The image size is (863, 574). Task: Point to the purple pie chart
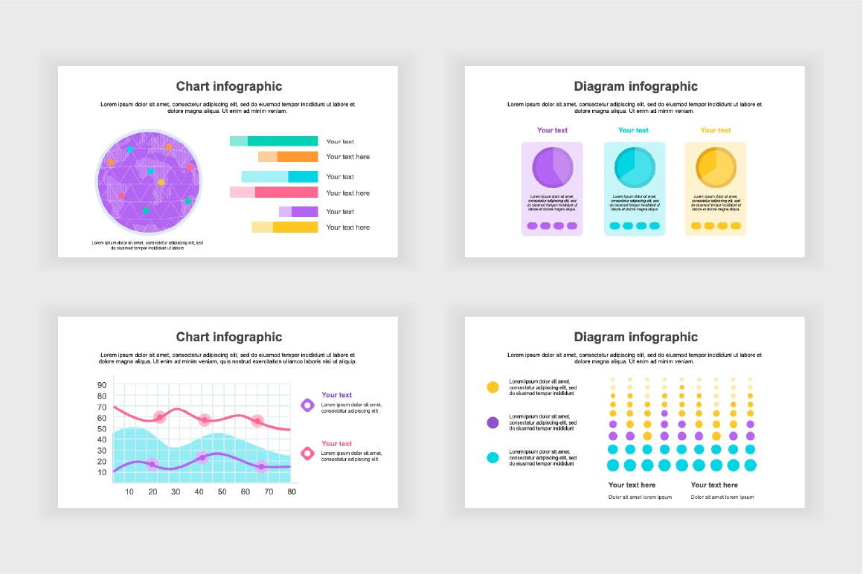552,167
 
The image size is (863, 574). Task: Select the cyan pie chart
634,167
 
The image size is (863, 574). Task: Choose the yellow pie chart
716,167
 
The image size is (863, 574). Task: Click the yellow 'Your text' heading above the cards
716,130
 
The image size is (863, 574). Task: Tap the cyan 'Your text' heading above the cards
634,130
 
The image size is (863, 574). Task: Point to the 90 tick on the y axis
102,385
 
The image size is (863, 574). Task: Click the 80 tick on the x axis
292,492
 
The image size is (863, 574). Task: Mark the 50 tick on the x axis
222,492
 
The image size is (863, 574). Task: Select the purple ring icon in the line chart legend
307,405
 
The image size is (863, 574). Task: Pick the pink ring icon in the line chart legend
307,454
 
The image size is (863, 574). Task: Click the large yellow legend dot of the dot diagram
493,387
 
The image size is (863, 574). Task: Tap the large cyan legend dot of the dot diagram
493,458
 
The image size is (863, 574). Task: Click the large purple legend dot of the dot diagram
493,422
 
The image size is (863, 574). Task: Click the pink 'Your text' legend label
336,444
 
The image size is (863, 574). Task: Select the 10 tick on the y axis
102,471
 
